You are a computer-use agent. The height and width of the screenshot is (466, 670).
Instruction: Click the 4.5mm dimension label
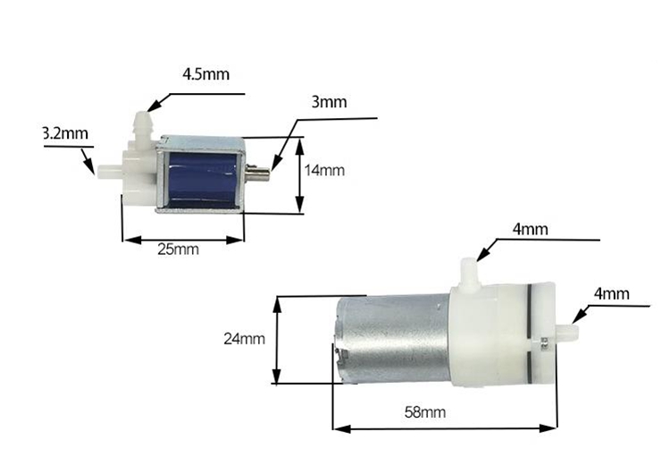coord(205,74)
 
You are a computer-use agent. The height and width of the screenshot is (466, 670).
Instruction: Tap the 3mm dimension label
coord(329,102)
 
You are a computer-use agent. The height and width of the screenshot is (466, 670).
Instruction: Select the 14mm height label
coord(324,170)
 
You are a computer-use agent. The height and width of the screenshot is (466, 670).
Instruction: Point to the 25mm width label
coord(178,249)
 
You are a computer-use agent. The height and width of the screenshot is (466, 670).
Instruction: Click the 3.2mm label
coord(66,133)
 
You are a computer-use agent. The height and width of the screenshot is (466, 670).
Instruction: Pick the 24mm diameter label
coord(245,339)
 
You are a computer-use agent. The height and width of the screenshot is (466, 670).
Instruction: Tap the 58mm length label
coord(425,412)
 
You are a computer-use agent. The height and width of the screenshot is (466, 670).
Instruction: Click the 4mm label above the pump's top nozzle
coord(531,229)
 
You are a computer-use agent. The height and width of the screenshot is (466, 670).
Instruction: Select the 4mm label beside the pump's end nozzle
coord(612,294)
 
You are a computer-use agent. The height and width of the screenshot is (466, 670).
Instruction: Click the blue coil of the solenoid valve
coord(203,180)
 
